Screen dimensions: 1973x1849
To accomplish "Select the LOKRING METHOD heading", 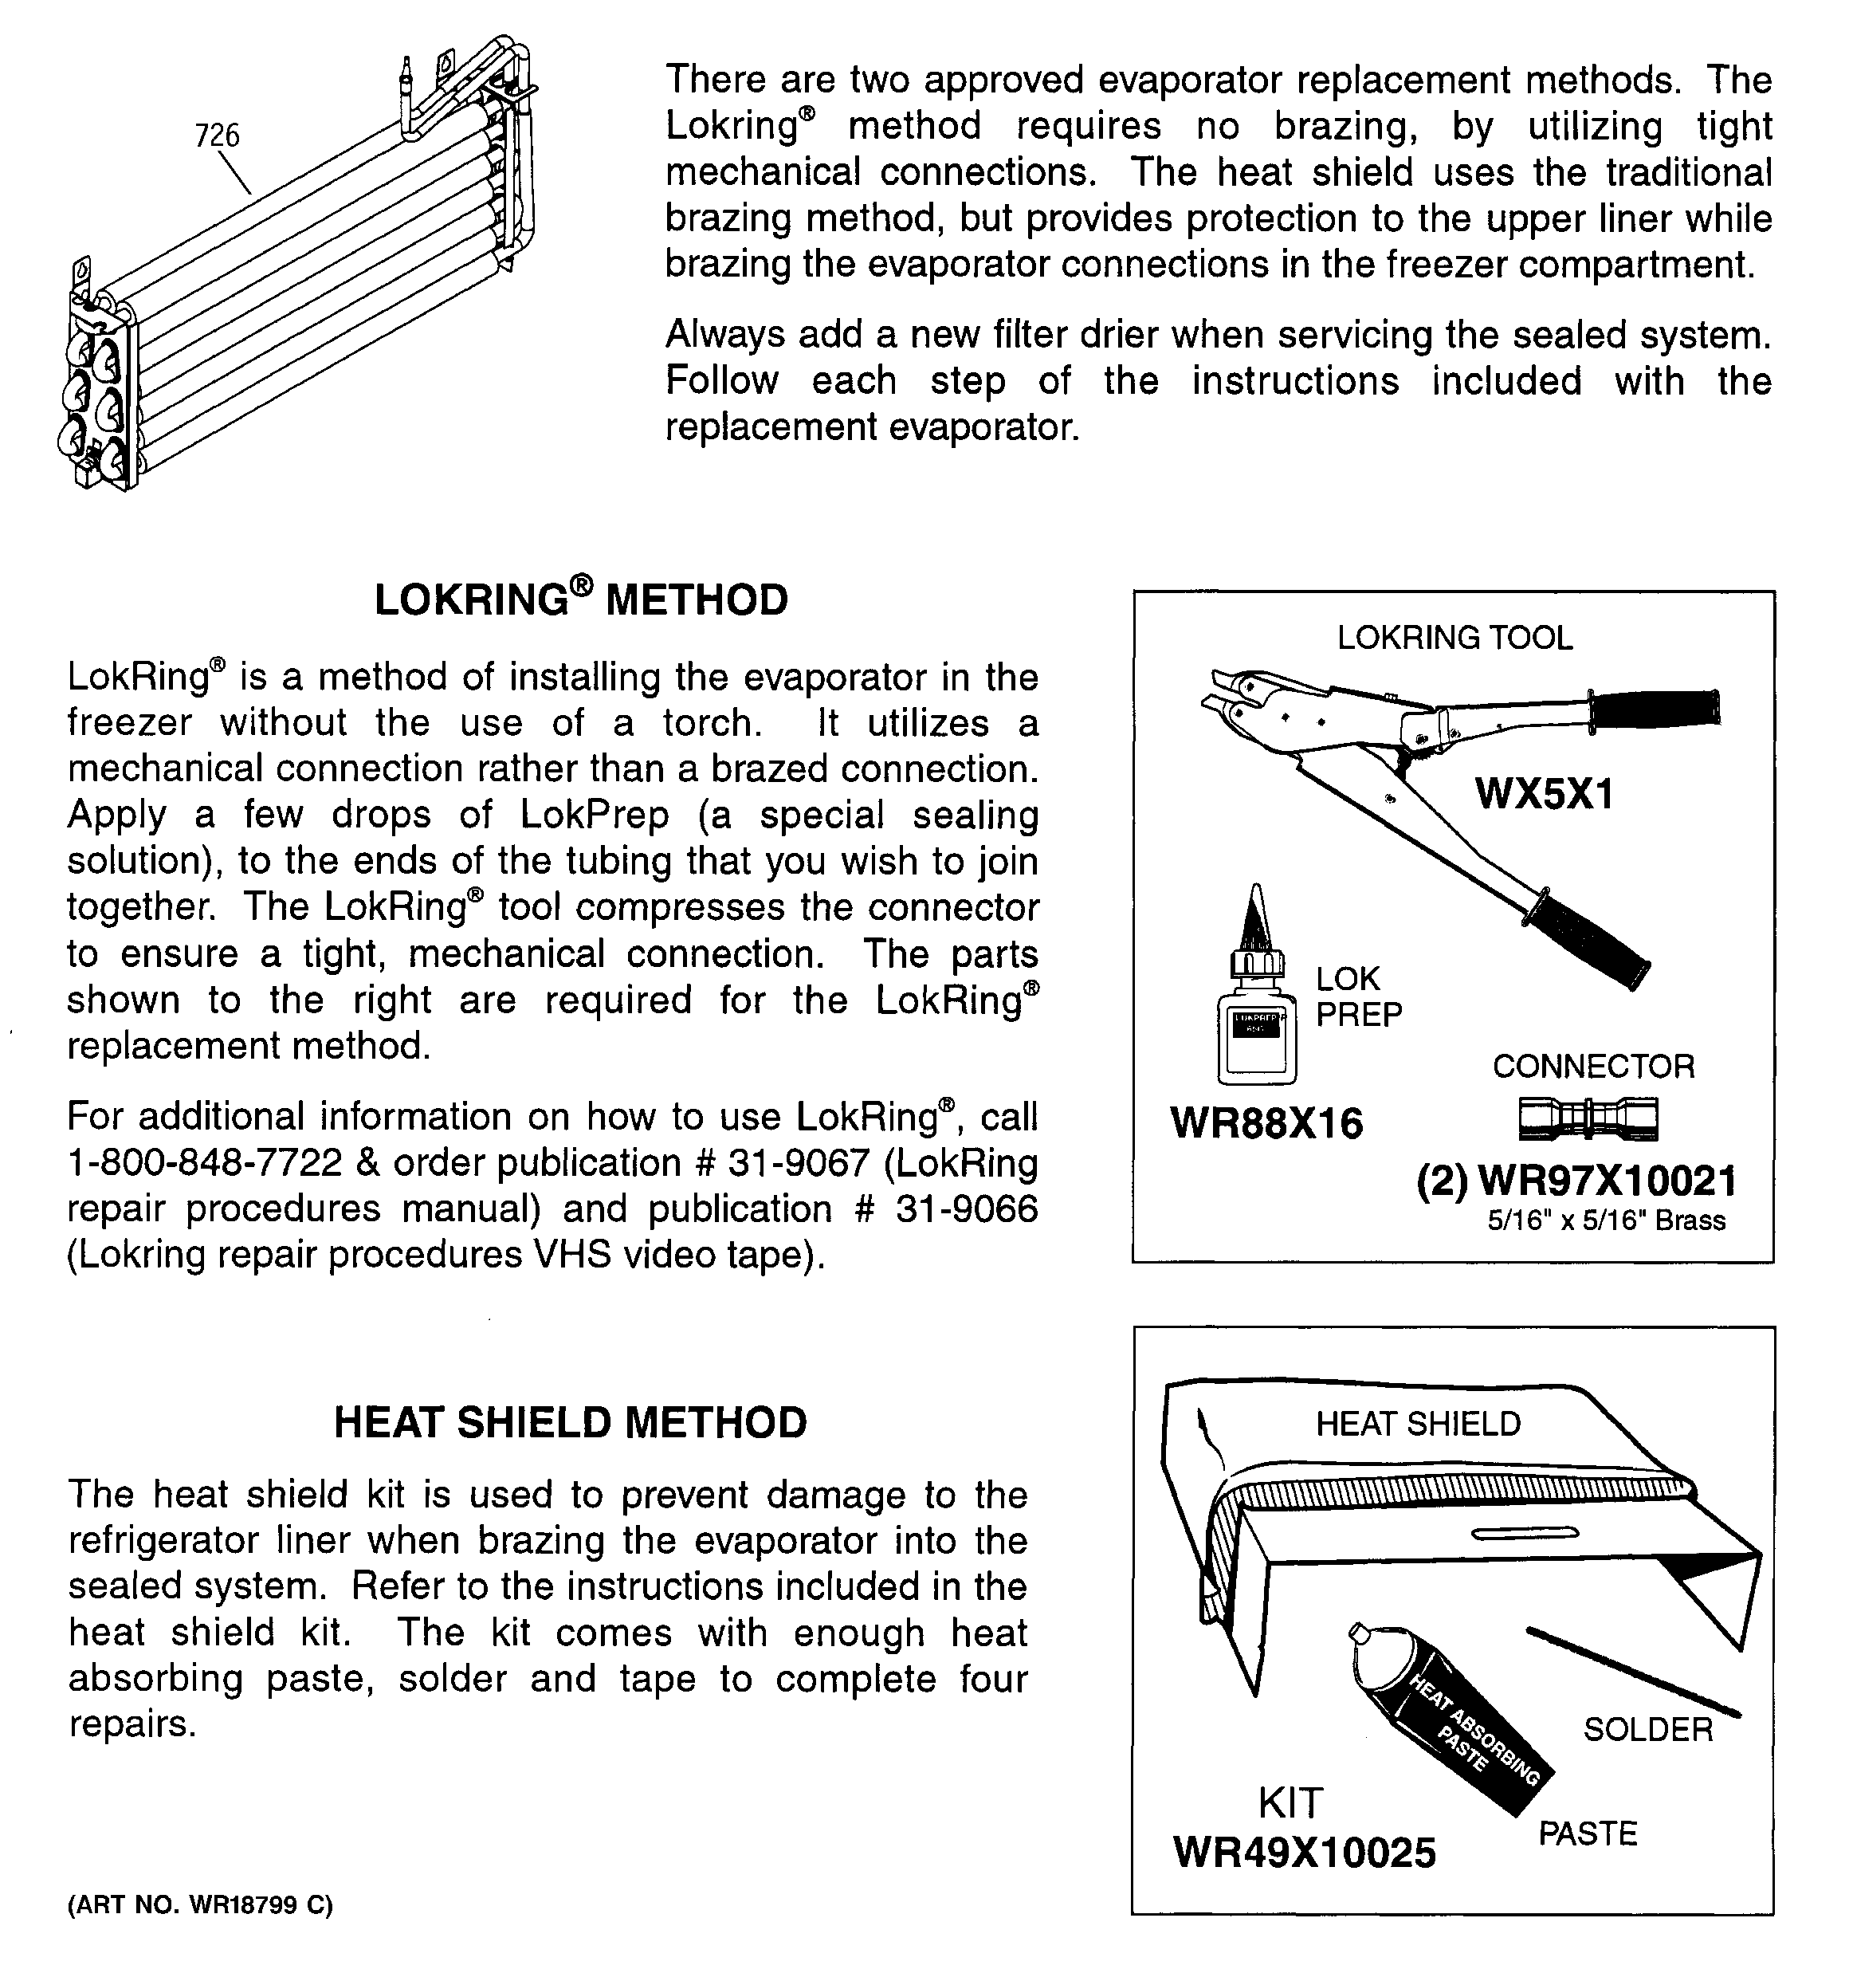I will pyautogui.click(x=581, y=600).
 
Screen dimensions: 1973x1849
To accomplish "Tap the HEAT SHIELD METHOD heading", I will pyautogui.click(x=570, y=1422).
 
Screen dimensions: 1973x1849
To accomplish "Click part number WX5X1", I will pyautogui.click(x=1545, y=794).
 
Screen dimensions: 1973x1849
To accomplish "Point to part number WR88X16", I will pyautogui.click(x=1266, y=1123).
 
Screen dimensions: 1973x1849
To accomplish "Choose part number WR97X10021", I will pyautogui.click(x=1607, y=1181).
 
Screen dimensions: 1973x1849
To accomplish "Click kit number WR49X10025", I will pyautogui.click(x=1304, y=1852).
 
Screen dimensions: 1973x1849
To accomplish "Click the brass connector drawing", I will pyautogui.click(x=1588, y=1119).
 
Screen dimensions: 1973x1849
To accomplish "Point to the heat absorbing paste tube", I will pyautogui.click(x=1448, y=1722).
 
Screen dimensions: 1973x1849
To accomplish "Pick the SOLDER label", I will pyautogui.click(x=1647, y=1729).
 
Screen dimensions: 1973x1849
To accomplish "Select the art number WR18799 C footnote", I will pyautogui.click(x=201, y=1904).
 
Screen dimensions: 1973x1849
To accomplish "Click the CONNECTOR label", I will pyautogui.click(x=1593, y=1066).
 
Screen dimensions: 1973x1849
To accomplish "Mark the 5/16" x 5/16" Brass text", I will pyautogui.click(x=1606, y=1220).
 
